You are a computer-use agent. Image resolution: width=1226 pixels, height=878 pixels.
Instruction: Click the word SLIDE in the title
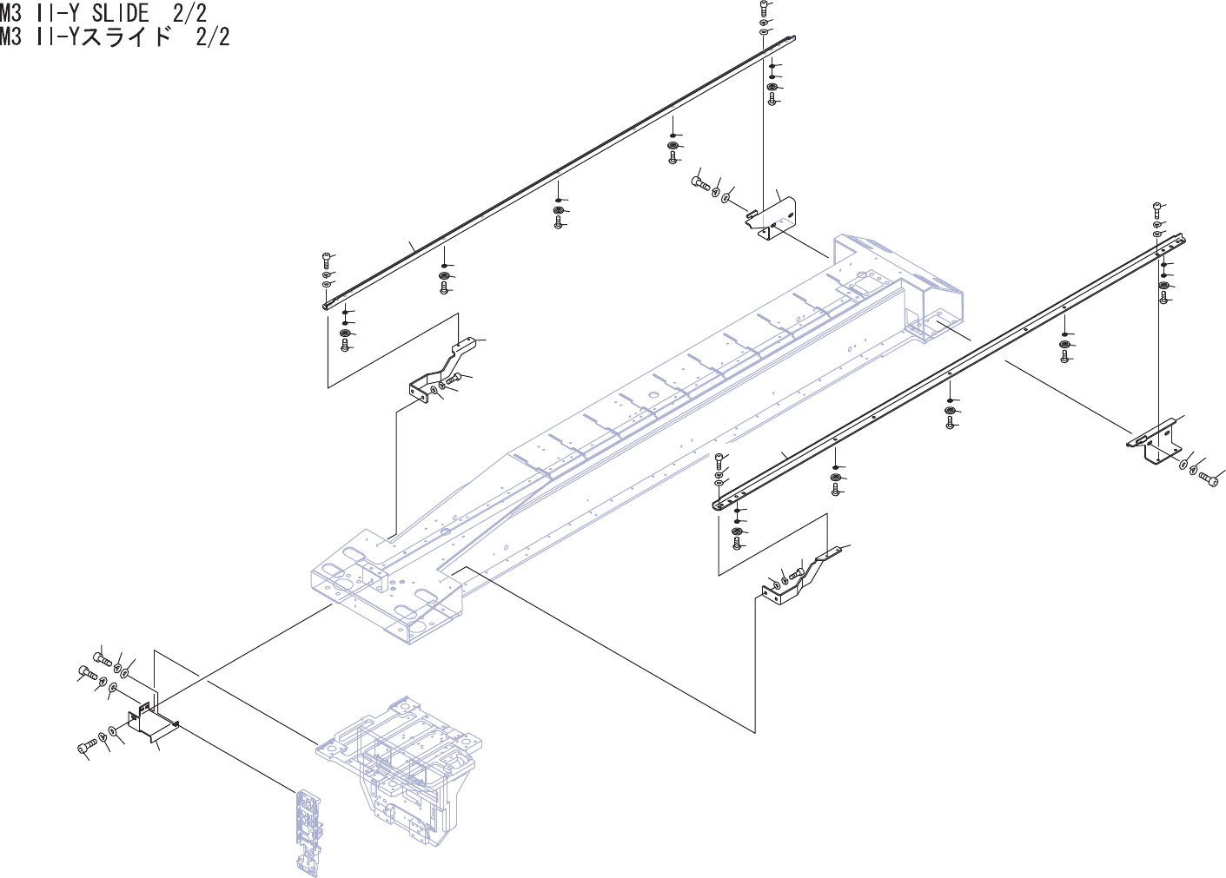pos(121,12)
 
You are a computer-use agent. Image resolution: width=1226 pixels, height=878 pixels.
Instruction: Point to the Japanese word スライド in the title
pos(127,36)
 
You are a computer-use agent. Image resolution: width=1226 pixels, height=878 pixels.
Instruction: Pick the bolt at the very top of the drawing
pos(763,8)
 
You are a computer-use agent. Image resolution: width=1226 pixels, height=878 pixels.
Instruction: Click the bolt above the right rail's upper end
pos(1157,208)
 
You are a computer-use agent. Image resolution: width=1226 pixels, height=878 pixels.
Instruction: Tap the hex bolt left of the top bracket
pos(700,182)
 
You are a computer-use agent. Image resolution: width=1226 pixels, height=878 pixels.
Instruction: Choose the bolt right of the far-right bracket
pos(1207,477)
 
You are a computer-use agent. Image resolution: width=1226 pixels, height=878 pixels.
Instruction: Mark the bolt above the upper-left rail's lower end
pos(326,259)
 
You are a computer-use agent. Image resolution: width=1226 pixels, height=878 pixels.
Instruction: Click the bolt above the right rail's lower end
pos(719,459)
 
